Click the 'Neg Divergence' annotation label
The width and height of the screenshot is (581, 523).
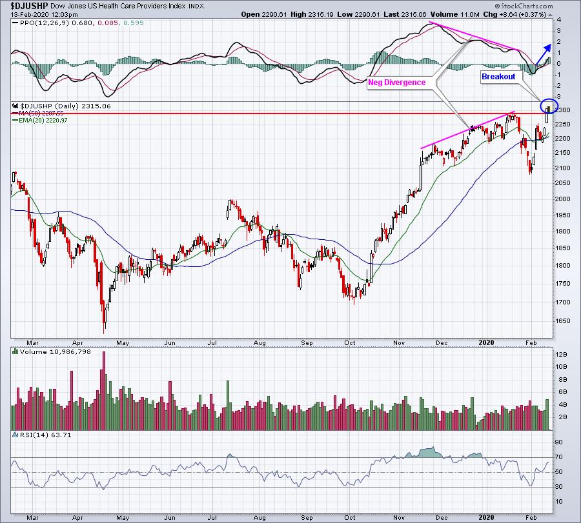coord(397,83)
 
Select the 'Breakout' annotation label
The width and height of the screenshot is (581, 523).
coord(498,76)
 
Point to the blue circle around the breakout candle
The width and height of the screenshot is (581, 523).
coord(549,106)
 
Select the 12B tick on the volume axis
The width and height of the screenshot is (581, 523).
coord(563,355)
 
